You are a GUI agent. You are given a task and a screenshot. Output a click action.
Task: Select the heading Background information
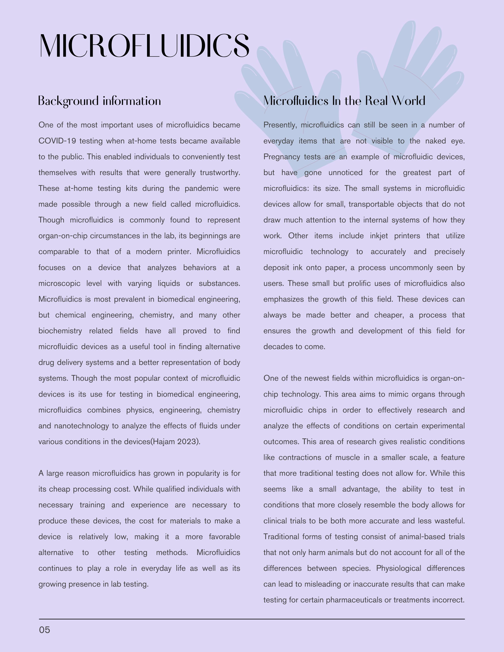[x=99, y=101]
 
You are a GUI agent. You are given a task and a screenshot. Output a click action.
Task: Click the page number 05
[x=44, y=630]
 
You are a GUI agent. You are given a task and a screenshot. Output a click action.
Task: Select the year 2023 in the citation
[x=187, y=442]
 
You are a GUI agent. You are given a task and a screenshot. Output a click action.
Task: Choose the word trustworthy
[x=220, y=172]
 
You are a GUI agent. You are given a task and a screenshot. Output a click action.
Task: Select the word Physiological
[x=399, y=568]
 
